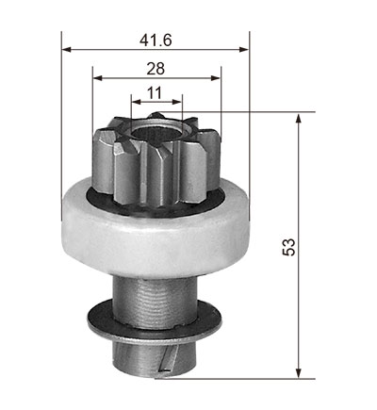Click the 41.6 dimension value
(x=156, y=41)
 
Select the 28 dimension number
(x=156, y=69)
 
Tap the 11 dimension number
(x=155, y=93)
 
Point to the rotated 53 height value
(x=289, y=247)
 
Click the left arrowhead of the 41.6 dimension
(x=67, y=49)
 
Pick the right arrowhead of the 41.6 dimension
(x=244, y=49)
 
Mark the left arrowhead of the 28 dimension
(x=98, y=78)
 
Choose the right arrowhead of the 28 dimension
(x=215, y=78)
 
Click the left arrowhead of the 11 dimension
(x=137, y=102)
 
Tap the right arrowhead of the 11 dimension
(x=177, y=102)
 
